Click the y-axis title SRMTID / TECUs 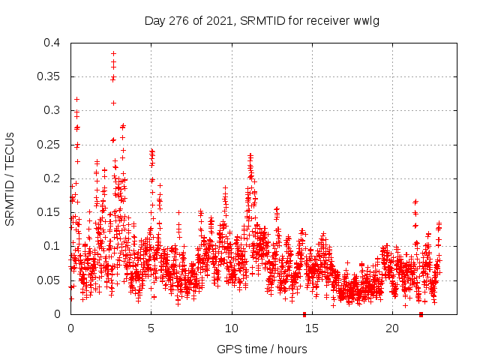10,178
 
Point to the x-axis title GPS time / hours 262,349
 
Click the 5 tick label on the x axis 151,328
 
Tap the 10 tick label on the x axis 232,328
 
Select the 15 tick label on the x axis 312,328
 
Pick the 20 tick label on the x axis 392,328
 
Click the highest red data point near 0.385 113,54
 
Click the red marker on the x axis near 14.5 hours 304,313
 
